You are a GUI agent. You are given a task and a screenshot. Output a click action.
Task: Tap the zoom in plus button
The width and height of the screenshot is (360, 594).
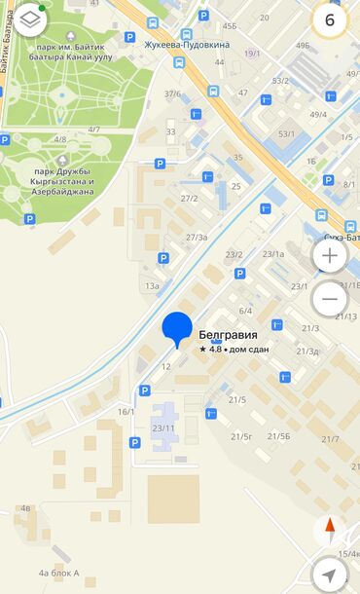pos(330,256)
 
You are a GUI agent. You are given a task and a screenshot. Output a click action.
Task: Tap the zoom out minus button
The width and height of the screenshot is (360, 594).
pos(330,299)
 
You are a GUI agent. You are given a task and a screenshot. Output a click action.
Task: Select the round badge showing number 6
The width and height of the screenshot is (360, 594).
pos(330,19)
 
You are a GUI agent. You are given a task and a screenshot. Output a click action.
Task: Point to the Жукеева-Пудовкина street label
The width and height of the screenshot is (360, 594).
pos(188,44)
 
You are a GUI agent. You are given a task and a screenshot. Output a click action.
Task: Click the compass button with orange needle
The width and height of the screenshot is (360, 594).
pos(330,531)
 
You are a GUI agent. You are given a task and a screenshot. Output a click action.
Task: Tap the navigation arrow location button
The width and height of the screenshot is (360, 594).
pos(330,575)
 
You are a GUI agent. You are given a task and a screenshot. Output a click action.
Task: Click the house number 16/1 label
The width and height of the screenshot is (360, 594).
pos(126,412)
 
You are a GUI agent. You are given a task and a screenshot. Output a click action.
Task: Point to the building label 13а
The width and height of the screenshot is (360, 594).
pos(152,286)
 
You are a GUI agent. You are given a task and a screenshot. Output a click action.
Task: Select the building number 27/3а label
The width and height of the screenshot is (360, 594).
pos(197,237)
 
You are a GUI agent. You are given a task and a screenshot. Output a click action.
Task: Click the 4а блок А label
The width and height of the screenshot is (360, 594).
pos(59,573)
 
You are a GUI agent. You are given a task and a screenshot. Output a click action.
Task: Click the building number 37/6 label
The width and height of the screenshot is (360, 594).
pos(172,93)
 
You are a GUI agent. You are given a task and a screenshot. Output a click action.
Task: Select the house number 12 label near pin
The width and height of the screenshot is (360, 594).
pos(166,366)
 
